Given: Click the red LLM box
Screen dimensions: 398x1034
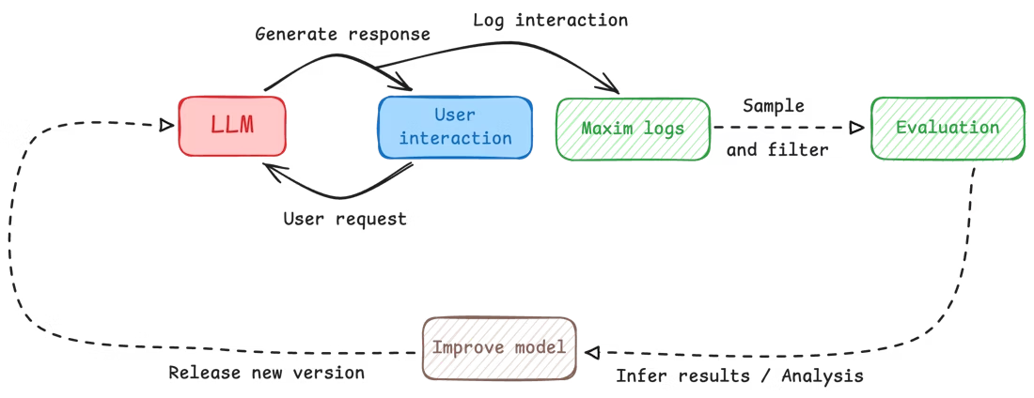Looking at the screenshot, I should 231,126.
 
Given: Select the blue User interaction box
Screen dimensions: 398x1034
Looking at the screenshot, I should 455,126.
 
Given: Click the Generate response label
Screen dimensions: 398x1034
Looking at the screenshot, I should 344,35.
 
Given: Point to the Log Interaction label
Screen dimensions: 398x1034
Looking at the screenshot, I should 552,20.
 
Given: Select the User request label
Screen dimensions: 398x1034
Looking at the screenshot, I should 347,219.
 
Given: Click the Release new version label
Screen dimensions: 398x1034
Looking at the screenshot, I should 270,374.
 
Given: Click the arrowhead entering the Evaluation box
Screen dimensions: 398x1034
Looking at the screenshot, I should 855,127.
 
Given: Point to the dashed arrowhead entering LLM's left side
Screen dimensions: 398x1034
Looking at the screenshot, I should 166,125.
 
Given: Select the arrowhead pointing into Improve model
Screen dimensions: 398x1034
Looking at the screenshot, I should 591,351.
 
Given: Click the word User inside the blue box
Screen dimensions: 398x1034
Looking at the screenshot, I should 455,115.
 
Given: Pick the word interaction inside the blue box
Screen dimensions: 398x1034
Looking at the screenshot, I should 455,138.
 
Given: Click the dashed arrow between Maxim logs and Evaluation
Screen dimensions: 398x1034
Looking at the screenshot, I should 785,128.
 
